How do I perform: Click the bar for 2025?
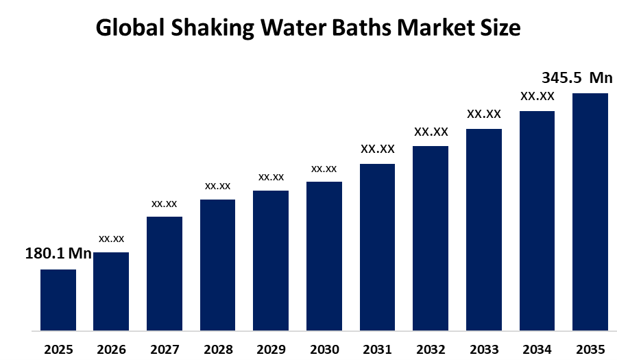58,300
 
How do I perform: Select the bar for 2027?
165,274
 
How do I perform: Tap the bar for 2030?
324,256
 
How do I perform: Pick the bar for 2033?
484,230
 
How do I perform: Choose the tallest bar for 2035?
590,212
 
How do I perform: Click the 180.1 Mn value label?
58,254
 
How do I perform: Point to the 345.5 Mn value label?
577,76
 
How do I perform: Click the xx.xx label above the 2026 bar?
111,239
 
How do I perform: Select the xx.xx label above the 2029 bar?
271,177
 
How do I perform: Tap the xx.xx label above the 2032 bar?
431,132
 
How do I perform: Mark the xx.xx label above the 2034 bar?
537,96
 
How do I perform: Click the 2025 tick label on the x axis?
58,349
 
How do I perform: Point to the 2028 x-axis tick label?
217,349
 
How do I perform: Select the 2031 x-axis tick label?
377,349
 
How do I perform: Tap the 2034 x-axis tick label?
537,349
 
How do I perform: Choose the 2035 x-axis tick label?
590,349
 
